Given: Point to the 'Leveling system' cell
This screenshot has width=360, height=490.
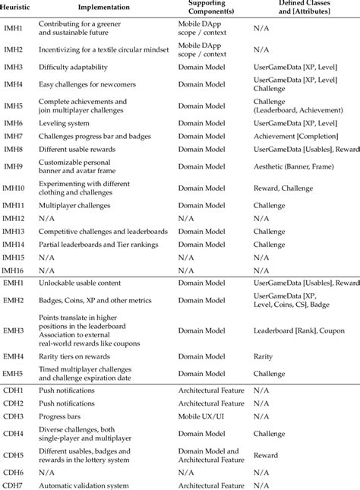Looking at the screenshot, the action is coord(65,122).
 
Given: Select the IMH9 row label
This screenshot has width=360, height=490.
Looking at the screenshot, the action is coord(13,167).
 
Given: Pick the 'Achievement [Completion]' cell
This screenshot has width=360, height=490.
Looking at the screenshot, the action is coord(296,136).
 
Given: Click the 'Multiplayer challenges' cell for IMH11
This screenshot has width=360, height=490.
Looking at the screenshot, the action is coord(74,205).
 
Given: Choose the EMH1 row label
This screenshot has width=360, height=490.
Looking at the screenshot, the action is coord(14,283).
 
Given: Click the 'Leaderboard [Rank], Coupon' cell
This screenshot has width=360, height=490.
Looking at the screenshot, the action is coord(299,331).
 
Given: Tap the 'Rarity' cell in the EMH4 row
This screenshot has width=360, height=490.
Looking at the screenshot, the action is coord(263,356).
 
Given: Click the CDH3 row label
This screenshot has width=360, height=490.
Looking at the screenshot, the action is coord(13,417).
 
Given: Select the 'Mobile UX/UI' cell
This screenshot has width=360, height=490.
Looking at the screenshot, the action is coord(203,417).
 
